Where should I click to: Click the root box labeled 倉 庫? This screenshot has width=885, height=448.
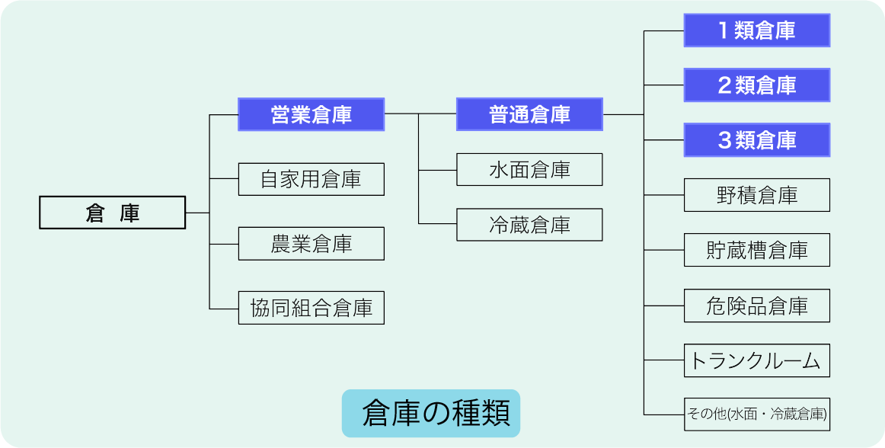(112, 213)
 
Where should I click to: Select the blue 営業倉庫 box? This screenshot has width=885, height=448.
(311, 114)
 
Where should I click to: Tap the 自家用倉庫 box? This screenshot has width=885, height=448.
(311, 179)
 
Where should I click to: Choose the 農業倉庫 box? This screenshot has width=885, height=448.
(311, 244)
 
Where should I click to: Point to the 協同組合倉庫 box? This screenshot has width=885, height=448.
(311, 308)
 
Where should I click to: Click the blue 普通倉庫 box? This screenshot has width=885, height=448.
(529, 114)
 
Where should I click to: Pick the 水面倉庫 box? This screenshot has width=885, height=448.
(529, 170)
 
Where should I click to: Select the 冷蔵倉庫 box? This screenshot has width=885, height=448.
(529, 225)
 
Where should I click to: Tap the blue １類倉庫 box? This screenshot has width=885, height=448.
(756, 30)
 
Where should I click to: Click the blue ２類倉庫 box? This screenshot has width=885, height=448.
(756, 85)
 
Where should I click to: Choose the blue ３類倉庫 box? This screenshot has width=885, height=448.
(756, 140)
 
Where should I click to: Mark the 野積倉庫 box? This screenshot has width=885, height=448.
(756, 195)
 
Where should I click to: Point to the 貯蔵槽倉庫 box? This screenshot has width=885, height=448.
(756, 250)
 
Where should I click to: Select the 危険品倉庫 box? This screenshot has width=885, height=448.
(756, 306)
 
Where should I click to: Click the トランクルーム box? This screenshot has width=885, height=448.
(756, 360)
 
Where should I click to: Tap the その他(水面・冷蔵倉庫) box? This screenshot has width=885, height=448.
(756, 414)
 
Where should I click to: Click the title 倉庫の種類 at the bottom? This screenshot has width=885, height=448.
(430, 414)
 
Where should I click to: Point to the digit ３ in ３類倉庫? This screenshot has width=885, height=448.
(724, 140)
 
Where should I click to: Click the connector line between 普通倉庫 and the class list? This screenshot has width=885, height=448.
(623, 114)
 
